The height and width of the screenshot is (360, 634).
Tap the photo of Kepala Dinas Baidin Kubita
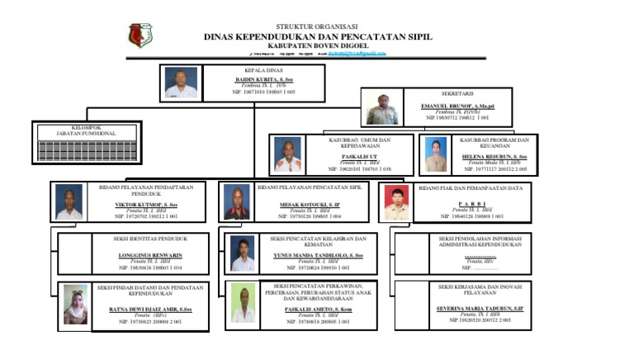pos(181,83)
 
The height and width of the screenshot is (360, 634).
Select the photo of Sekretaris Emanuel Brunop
pos(382,108)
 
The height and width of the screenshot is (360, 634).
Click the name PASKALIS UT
pos(360,156)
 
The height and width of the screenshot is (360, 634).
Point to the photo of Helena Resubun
pos(434,154)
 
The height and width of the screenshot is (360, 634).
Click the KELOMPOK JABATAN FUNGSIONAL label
pos(86,130)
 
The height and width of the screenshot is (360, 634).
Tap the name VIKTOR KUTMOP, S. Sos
pos(145,205)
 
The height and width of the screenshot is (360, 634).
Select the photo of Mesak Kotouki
pos(237,202)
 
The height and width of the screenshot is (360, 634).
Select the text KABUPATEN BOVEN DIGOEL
pos(318,45)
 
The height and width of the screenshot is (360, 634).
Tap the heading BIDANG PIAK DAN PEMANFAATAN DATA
pos(471,188)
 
